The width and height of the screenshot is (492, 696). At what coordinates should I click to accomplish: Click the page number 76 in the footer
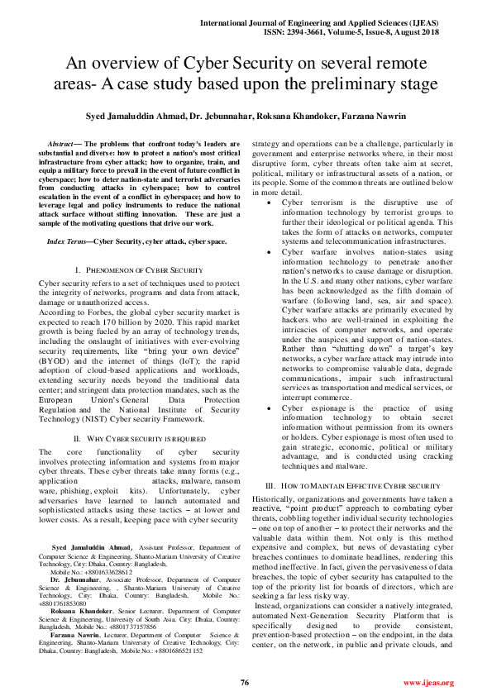(245, 683)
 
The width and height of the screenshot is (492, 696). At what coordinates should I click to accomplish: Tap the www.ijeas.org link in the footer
(428, 683)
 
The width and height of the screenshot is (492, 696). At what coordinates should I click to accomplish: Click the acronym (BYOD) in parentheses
(53, 350)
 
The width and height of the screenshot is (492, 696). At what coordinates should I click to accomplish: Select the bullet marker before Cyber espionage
(274, 408)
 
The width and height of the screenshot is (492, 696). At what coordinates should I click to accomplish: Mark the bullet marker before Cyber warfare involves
(274, 251)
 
